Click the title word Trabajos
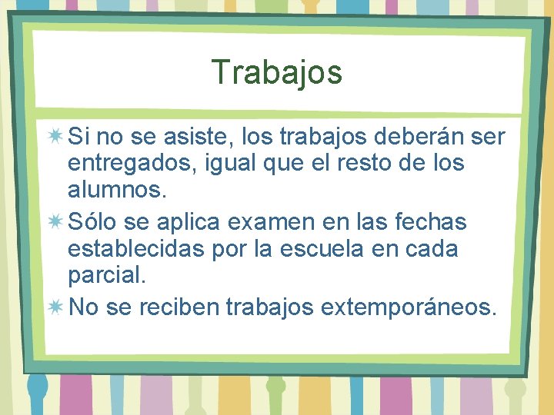point(277,73)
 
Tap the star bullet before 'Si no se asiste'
point(55,138)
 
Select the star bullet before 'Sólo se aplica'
point(55,223)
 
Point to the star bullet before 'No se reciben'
point(55,307)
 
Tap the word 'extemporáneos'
point(405,307)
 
